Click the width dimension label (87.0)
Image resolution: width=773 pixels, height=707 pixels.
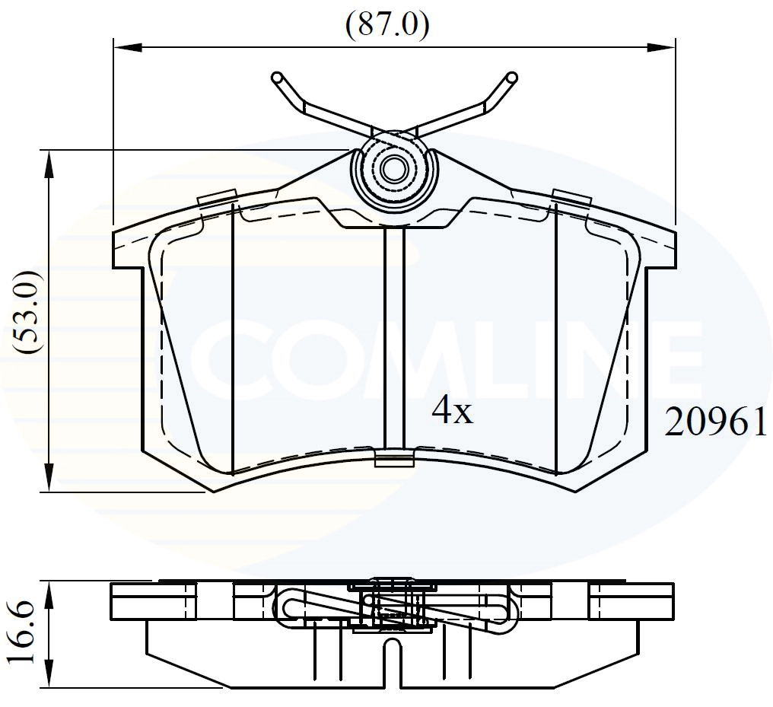pyautogui.click(x=387, y=24)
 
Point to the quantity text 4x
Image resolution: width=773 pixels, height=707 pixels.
pyautogui.click(x=452, y=412)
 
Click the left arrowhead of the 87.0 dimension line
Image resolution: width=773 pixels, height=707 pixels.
pyautogui.click(x=126, y=47)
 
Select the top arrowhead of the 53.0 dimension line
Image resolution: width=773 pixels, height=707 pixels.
pyautogui.click(x=49, y=162)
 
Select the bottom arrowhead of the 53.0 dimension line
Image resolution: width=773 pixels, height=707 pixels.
pyautogui.click(x=49, y=479)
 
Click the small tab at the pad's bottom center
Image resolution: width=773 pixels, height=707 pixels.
pyautogui.click(x=395, y=457)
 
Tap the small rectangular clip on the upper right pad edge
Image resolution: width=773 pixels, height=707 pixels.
pyautogui.click(x=571, y=197)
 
